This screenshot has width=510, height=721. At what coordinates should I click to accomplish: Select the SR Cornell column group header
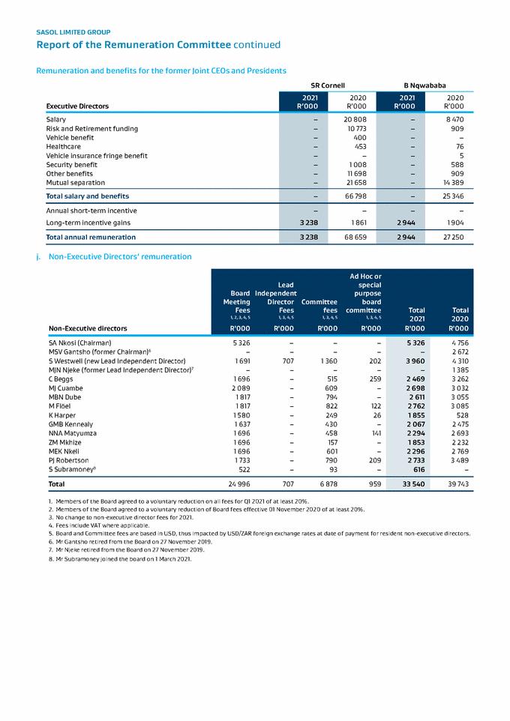(327, 85)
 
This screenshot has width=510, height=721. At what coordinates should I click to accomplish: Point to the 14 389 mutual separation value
(452, 182)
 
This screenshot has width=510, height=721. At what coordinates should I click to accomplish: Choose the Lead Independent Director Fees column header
(276, 297)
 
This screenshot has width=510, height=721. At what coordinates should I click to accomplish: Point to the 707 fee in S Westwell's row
(287, 360)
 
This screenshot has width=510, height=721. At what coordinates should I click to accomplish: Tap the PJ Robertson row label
(68, 459)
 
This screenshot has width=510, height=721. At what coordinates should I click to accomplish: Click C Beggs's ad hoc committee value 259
(375, 378)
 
